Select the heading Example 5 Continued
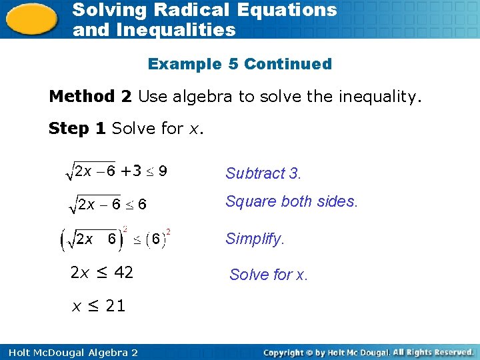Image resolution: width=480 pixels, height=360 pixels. coord(239,64)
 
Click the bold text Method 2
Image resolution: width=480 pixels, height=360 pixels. coord(90,97)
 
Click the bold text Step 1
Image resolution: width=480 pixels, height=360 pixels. coord(77,129)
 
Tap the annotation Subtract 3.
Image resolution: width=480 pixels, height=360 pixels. coord(263,174)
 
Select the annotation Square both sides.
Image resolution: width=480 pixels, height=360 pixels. coord(291,201)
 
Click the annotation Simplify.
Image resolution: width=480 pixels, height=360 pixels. coord(255,239)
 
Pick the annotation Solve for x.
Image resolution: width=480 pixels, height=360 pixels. coord(269,274)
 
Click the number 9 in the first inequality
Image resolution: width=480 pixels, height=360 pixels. coord(162,171)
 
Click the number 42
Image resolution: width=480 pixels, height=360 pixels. coord(124,272)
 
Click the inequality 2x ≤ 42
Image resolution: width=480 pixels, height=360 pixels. coord(101,272)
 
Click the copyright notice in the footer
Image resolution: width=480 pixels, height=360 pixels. coord(368,351)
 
